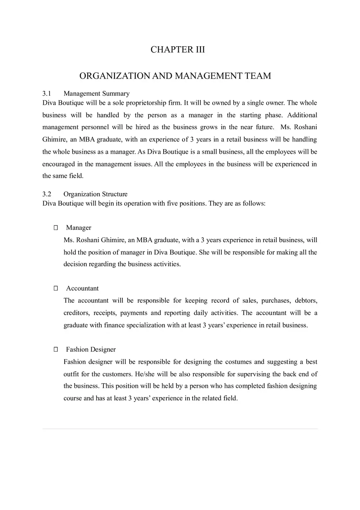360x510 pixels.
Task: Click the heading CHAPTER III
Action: pyautogui.click(x=178, y=49)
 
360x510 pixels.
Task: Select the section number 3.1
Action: pyautogui.click(x=47, y=93)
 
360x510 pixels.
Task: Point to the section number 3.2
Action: pyautogui.click(x=47, y=194)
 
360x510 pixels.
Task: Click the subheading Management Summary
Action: pyautogui.click(x=97, y=93)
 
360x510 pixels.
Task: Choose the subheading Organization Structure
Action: pyautogui.click(x=95, y=194)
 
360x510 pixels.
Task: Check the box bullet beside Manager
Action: pyautogui.click(x=56, y=227)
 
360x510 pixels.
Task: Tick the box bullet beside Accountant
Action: pyautogui.click(x=56, y=288)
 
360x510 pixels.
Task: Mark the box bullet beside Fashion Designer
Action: pyautogui.click(x=56, y=349)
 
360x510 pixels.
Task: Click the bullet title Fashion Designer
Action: pyautogui.click(x=91, y=349)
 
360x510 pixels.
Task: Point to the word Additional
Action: pyautogui.click(x=302, y=115)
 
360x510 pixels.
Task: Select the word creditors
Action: pyautogui.click(x=76, y=313)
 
